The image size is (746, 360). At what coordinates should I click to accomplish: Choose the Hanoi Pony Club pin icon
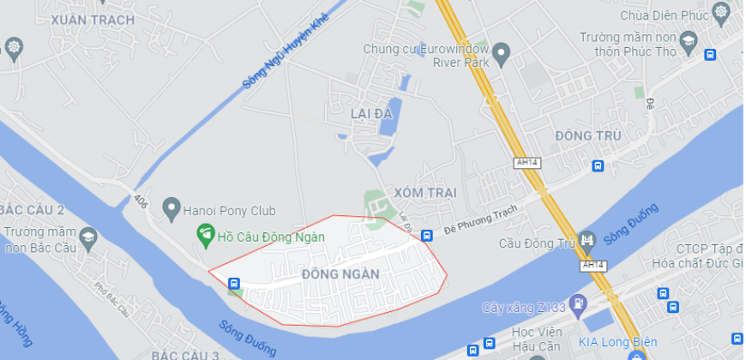pyautogui.click(x=171, y=207)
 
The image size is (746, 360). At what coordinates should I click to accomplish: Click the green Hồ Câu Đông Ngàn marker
pyautogui.click(x=205, y=232)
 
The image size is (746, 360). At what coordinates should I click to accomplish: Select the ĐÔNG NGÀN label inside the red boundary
pyautogui.click(x=340, y=274)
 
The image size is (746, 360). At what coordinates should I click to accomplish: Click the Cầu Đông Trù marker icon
pyautogui.click(x=587, y=240)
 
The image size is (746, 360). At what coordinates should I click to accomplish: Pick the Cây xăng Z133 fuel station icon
pyautogui.click(x=581, y=303)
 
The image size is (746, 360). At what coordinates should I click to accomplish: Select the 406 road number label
pyautogui.click(x=141, y=201)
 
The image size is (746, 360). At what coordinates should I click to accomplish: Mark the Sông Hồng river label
pyautogui.click(x=15, y=321)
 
